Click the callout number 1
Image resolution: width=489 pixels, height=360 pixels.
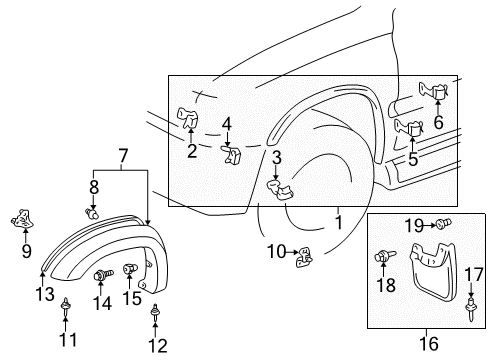pyautogui.click(x=338, y=224)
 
